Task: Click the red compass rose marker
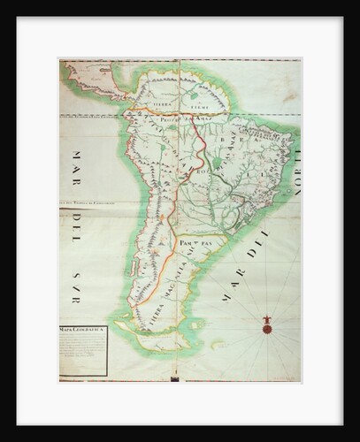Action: [x=266, y=328]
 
